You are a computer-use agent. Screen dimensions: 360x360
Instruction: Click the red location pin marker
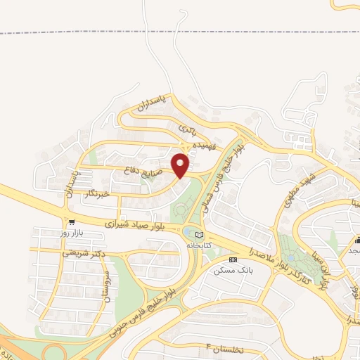coord(181,165)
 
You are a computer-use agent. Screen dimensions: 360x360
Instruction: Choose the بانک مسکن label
coord(235,269)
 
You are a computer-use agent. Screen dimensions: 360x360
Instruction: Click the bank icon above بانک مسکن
coord(233,259)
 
